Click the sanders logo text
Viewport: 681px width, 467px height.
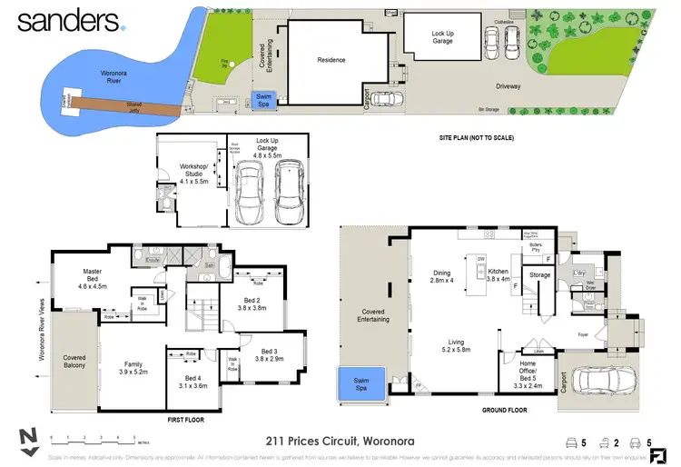click(x=68, y=22)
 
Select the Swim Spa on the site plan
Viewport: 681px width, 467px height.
click(x=263, y=100)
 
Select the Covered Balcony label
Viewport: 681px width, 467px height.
click(x=74, y=363)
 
